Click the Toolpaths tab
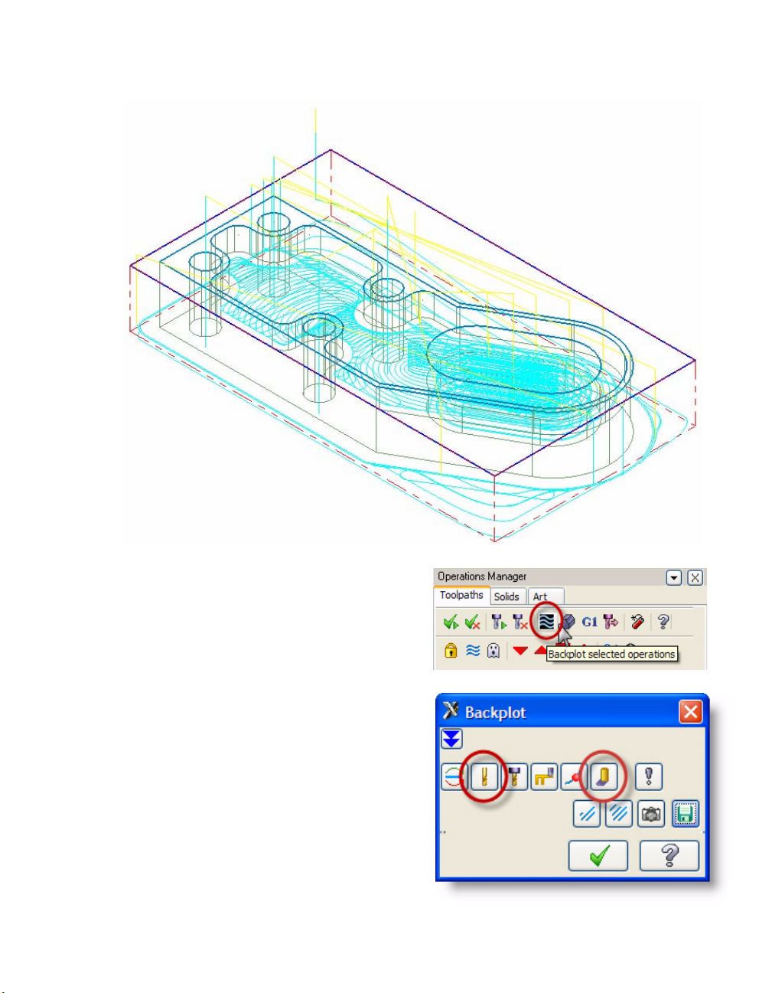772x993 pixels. [x=461, y=595]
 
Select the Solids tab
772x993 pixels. [x=507, y=596]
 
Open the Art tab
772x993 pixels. [x=540, y=596]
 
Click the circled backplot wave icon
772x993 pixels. [x=547, y=622]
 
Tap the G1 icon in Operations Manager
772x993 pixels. [x=589, y=622]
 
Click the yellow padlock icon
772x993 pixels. [x=451, y=650]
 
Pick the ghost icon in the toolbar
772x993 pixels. [x=493, y=650]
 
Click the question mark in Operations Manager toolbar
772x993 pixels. [x=663, y=622]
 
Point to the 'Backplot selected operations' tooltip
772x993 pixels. [x=611, y=655]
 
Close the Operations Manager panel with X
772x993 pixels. [x=695, y=577]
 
